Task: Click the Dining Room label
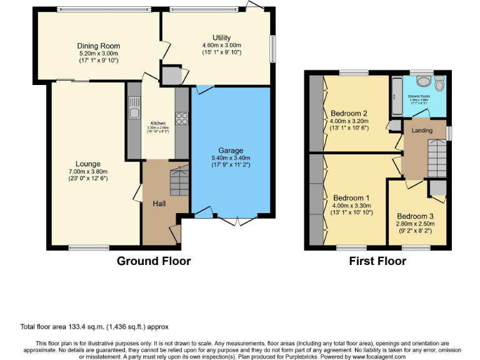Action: click(98, 46)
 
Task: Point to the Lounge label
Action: click(89, 164)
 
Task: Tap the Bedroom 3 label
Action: click(415, 216)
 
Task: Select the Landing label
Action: click(422, 129)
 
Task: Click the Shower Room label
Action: click(419, 96)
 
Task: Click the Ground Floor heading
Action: click(154, 261)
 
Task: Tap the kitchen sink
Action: click(134, 113)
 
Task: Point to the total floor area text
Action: click(94, 327)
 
